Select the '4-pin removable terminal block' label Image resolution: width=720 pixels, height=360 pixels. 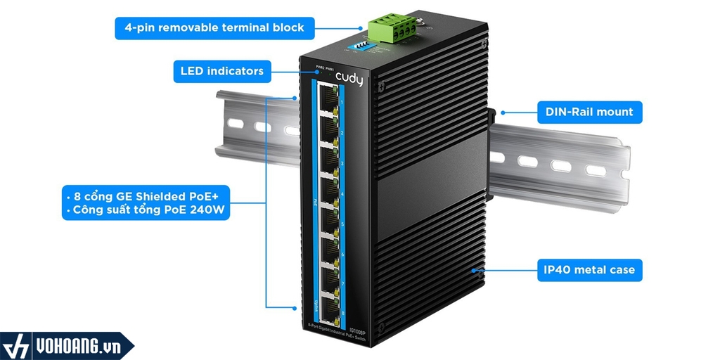[214, 28]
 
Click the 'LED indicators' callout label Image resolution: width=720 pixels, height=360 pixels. [221, 70]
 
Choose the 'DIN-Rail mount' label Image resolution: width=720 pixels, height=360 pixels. [589, 111]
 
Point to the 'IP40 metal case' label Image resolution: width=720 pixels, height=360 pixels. [589, 269]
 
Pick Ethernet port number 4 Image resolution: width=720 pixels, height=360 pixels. [327, 186]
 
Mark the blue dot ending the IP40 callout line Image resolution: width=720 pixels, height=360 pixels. [476, 269]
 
